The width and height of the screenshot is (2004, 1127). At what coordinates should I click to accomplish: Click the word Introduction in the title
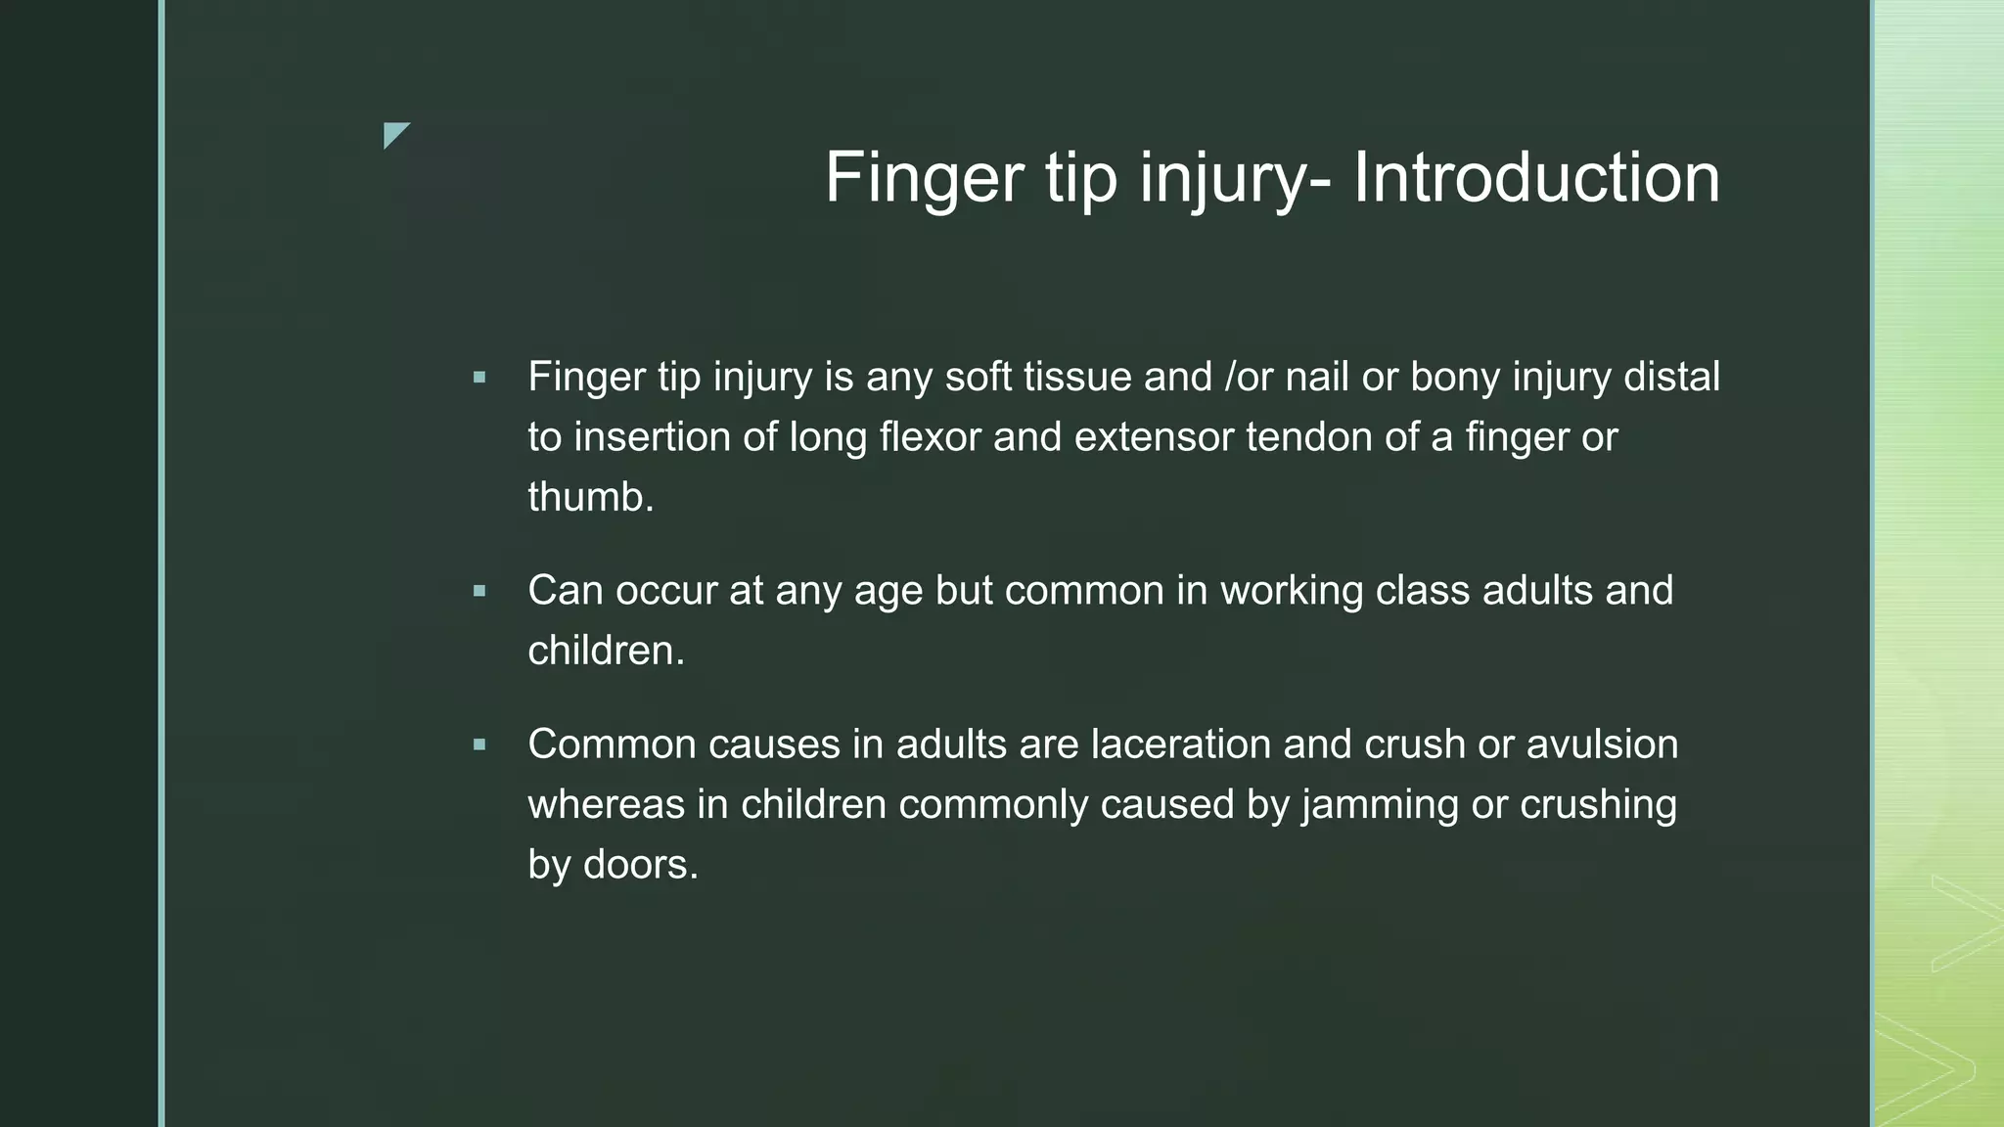click(1536, 178)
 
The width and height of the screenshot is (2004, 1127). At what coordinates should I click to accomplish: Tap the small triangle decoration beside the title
click(394, 134)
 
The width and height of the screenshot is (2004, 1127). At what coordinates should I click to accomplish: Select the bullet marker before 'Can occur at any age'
click(478, 591)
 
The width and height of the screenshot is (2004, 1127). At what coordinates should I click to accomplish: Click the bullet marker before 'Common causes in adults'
click(478, 744)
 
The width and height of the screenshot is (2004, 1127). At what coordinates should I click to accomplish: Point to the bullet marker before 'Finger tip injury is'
click(478, 377)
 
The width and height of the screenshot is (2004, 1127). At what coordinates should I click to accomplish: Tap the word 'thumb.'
click(591, 497)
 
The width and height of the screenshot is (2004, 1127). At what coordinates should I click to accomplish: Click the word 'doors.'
click(641, 865)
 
